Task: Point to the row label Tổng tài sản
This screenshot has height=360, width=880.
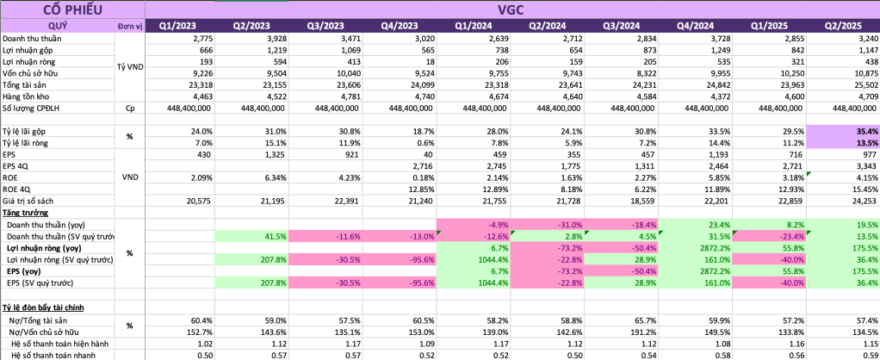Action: coord(27,85)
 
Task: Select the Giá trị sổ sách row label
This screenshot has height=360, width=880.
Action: coord(30,200)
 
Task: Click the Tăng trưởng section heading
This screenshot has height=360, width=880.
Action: coord(24,212)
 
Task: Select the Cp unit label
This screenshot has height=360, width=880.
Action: coord(130,109)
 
